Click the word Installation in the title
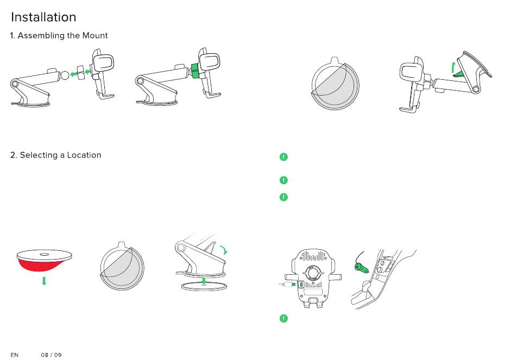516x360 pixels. tap(43, 17)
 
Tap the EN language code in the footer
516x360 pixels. tap(15, 355)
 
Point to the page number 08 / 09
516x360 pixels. tap(52, 355)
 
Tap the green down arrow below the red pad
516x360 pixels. tap(44, 281)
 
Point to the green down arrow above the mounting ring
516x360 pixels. tap(204, 281)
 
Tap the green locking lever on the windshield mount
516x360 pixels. tap(459, 73)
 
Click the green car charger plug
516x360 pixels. tap(359, 267)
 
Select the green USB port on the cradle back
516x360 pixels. tap(301, 283)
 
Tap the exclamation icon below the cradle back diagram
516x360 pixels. tap(283, 318)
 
